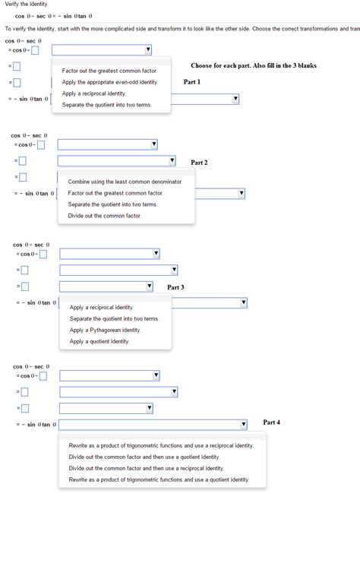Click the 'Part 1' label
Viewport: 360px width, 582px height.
tap(192, 82)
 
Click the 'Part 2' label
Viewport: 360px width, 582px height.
tap(199, 163)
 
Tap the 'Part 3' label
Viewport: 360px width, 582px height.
tap(175, 287)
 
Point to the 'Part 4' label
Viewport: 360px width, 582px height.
tap(272, 422)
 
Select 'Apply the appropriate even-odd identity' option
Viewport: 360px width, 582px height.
tap(110, 82)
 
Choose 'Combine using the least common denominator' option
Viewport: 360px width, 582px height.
tap(125, 182)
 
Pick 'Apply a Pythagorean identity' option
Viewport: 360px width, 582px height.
tap(105, 331)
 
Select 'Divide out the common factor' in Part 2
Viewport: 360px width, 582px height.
tap(104, 216)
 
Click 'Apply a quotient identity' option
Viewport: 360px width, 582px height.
tap(99, 341)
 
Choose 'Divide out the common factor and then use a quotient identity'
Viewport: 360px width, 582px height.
tap(144, 457)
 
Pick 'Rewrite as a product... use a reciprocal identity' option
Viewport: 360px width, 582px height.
tap(161, 446)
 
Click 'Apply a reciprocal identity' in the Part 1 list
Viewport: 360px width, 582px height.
tap(94, 93)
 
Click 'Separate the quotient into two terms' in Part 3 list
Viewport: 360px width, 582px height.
tap(114, 319)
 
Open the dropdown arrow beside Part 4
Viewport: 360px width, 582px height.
tap(244, 424)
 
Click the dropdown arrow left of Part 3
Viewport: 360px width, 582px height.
tap(149, 286)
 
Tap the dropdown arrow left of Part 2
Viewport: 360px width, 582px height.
tap(172, 161)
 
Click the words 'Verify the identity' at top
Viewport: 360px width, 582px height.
tap(27, 4)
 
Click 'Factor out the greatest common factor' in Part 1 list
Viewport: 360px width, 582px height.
tap(109, 71)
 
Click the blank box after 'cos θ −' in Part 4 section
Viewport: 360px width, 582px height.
tap(43, 376)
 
